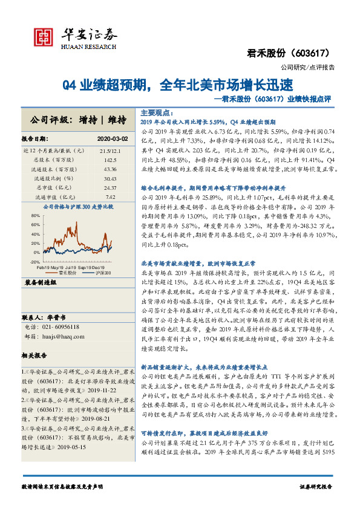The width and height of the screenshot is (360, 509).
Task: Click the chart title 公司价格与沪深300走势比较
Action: click(79, 207)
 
